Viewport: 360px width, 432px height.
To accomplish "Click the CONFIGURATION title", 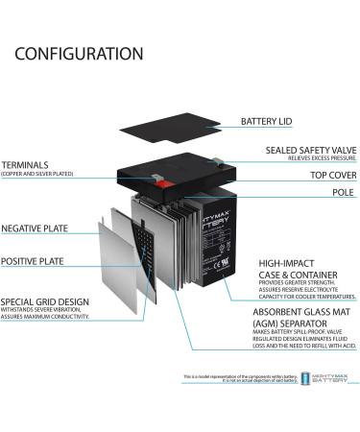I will point(79,54).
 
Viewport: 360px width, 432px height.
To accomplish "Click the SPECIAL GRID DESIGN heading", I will point(44,301).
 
